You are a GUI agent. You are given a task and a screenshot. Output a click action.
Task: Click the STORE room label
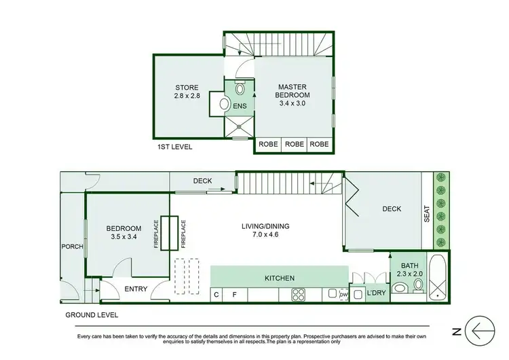point(187,87)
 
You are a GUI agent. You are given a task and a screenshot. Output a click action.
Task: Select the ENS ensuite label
point(240,106)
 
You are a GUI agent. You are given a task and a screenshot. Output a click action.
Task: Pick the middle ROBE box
point(293,145)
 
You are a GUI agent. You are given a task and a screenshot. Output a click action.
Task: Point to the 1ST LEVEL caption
point(174,147)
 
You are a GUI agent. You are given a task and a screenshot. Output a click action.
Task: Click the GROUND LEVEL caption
point(92,315)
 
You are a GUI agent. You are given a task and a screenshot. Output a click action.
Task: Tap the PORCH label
point(73,247)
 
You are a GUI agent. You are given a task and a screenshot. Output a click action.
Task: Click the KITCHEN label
point(280,278)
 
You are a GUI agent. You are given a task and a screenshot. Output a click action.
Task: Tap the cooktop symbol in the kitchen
point(299,294)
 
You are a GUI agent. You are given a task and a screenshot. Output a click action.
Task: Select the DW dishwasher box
point(343,294)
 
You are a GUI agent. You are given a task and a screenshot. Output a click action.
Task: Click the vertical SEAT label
point(428,215)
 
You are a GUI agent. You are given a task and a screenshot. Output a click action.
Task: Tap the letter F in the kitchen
point(235,295)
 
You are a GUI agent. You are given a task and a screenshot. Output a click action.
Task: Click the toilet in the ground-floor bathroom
point(417,285)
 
